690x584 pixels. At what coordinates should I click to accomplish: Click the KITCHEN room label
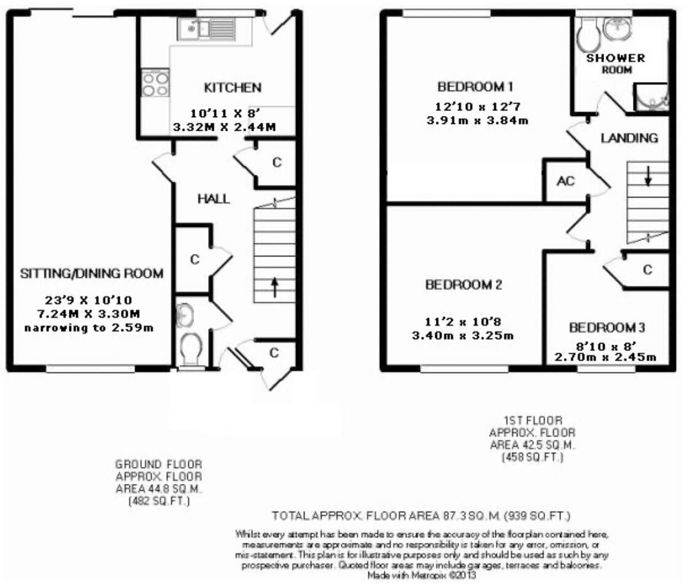click(233, 88)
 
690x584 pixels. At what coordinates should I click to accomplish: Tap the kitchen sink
click(194, 29)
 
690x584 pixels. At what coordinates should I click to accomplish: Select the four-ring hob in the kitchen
click(155, 83)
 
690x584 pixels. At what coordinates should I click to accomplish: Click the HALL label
click(213, 199)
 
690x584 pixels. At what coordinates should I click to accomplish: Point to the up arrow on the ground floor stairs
click(274, 286)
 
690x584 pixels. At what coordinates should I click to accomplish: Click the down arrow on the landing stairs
click(648, 176)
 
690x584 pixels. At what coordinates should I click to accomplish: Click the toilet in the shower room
click(589, 34)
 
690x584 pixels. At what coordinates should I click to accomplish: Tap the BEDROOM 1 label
click(475, 85)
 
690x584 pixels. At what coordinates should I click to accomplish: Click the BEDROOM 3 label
click(607, 327)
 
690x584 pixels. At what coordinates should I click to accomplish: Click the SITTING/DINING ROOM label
click(91, 274)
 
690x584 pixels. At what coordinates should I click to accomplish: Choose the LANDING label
click(629, 138)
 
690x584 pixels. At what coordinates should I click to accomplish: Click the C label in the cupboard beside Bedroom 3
click(646, 270)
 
